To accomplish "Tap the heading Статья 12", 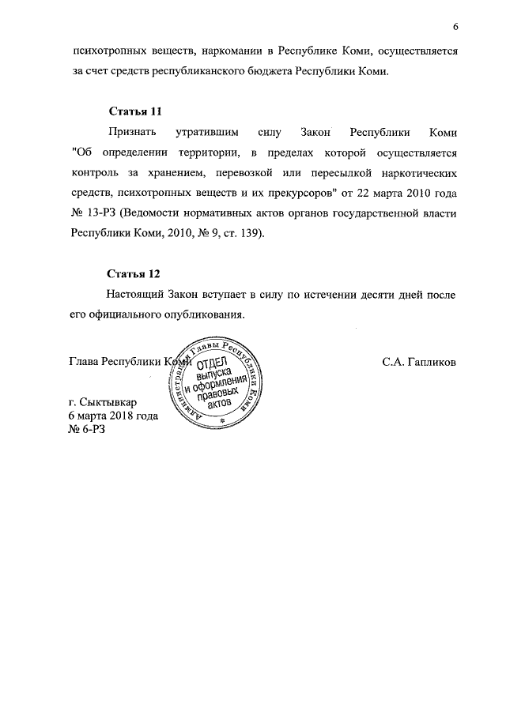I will click(134, 273).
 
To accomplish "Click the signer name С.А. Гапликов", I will click(418, 362).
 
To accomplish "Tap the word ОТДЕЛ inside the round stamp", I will click(212, 363).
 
